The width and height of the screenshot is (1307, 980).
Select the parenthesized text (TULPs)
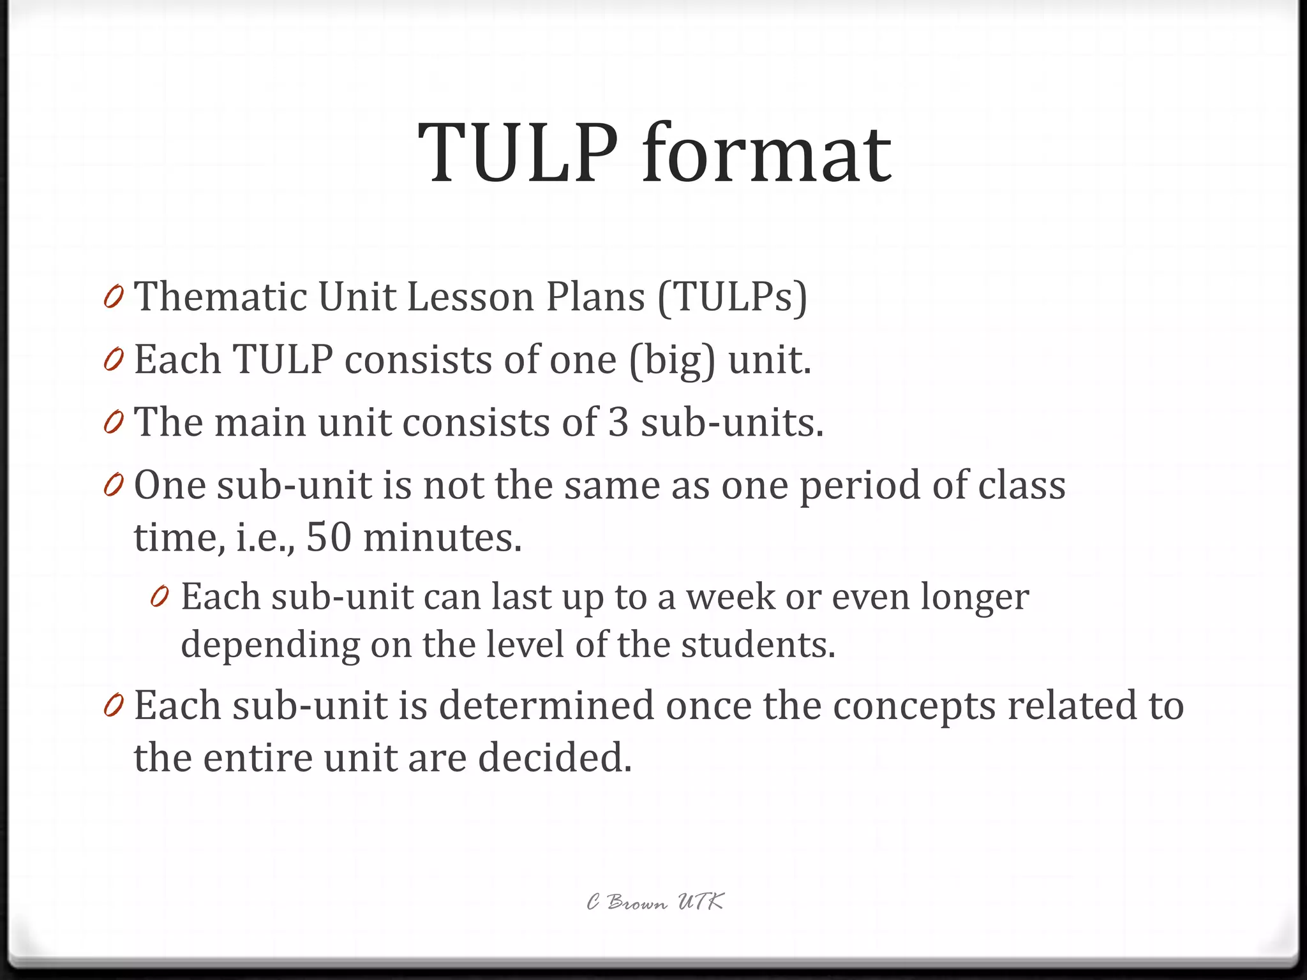[732, 298]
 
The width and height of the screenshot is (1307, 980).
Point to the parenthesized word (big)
[672, 360]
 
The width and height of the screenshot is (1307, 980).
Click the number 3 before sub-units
[618, 422]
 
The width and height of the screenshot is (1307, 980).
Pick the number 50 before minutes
[329, 537]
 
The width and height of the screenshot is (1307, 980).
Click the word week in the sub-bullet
[730, 597]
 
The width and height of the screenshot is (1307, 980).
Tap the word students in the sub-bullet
[758, 644]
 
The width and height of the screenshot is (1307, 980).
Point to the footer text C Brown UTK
[655, 902]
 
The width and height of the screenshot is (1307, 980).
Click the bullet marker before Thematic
[113, 298]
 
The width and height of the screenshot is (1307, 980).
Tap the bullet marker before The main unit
[113, 424]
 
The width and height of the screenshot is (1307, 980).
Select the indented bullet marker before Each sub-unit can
[160, 598]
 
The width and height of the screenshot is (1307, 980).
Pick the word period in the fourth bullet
[860, 486]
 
